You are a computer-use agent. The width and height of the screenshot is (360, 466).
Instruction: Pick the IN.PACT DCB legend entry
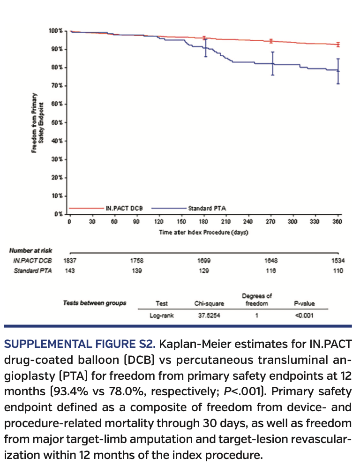click(x=121, y=208)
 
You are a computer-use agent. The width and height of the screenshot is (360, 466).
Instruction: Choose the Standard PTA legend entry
click(x=204, y=208)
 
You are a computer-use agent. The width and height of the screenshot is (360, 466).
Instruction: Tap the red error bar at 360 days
click(x=338, y=45)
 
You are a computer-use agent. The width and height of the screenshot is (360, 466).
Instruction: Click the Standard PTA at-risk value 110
click(x=338, y=271)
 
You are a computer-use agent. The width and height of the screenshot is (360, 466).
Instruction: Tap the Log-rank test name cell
click(x=162, y=316)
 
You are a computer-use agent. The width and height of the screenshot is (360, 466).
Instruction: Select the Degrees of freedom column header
click(x=257, y=300)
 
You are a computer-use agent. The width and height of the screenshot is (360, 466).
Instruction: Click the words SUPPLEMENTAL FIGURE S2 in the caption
click(x=79, y=345)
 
